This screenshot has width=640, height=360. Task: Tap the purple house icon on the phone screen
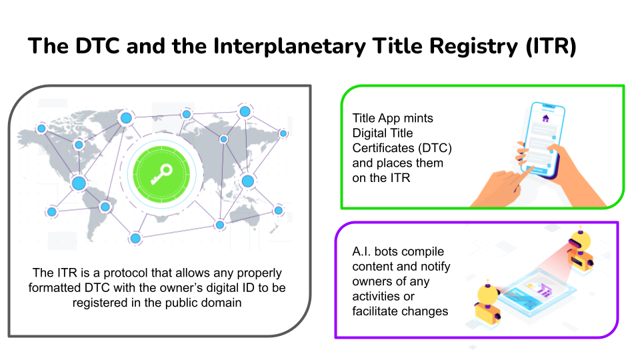tap(545, 119)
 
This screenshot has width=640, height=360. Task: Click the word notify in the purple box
tap(433, 267)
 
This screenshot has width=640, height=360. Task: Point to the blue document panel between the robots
tap(533, 293)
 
